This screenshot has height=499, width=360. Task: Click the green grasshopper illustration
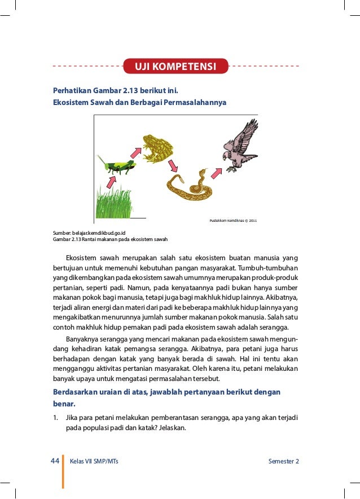[x=117, y=165]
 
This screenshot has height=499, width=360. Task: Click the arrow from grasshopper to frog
[x=136, y=152]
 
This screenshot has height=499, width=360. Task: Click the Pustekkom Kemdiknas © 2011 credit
[x=233, y=220]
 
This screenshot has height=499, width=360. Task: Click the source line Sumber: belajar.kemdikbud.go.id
[x=89, y=233]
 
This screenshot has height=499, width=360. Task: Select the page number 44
[x=55, y=461]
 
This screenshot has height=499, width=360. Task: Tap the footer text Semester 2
[x=284, y=462]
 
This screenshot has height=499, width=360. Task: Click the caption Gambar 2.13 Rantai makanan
[x=106, y=239]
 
